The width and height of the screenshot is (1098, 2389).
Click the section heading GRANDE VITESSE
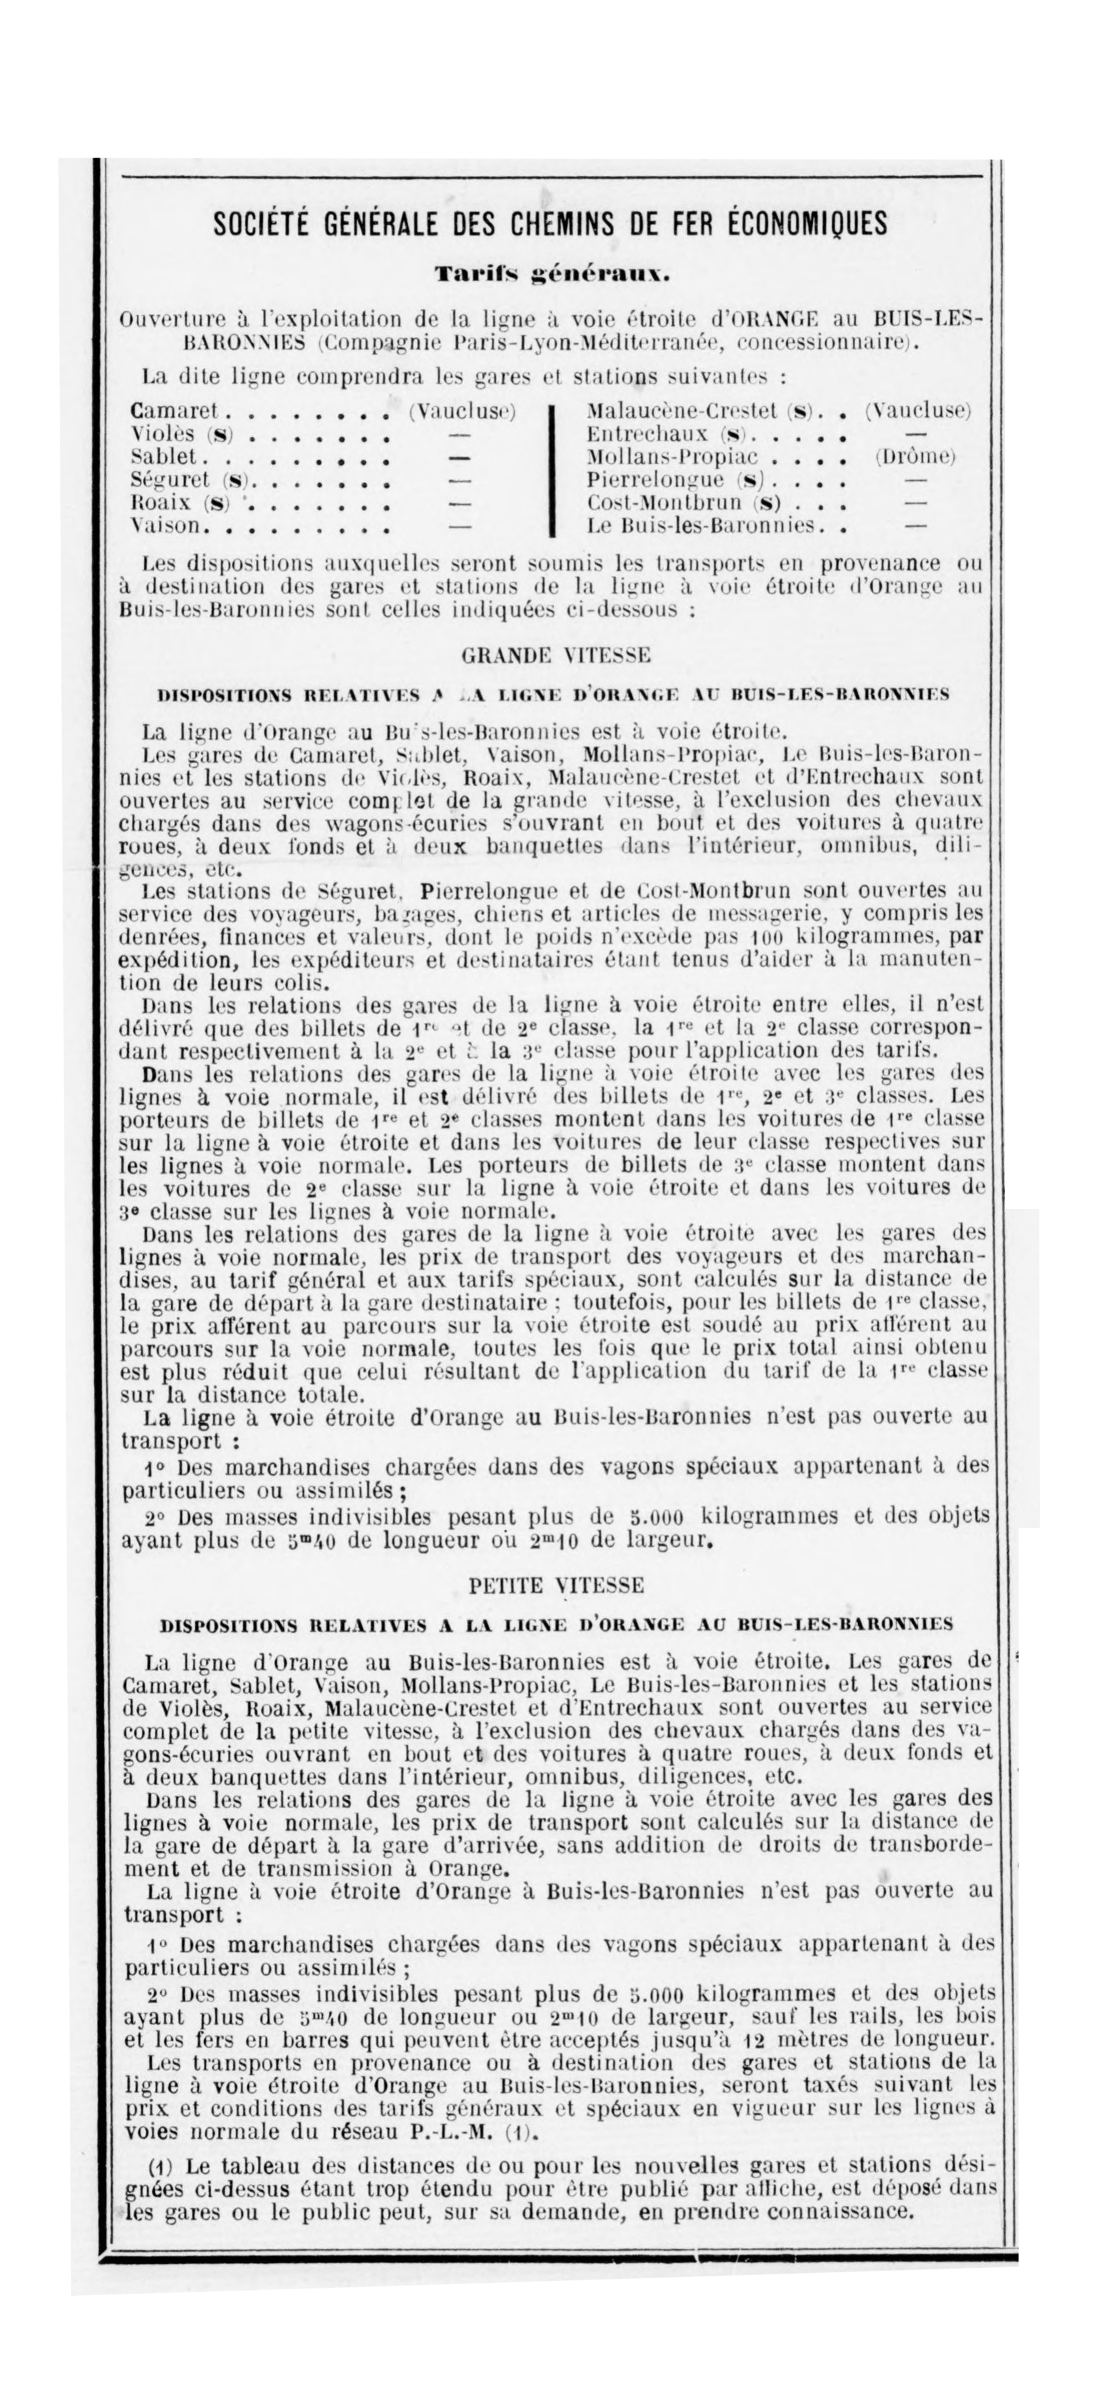[556, 655]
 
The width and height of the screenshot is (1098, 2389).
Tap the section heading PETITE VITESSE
[556, 1585]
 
